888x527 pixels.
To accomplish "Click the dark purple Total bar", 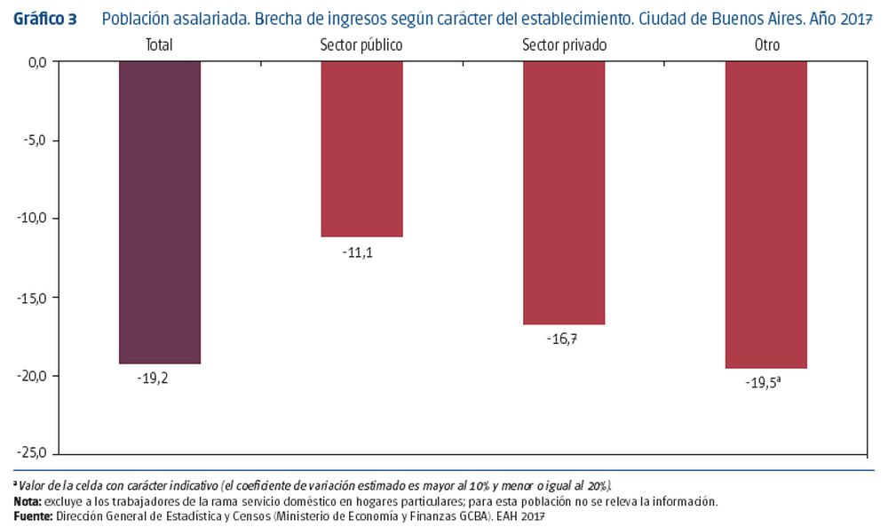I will [x=160, y=212].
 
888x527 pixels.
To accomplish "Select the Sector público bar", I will [x=361, y=149].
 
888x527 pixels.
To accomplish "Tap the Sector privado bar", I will [x=564, y=193].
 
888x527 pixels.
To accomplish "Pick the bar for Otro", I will [x=765, y=215].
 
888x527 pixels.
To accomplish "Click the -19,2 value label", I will [x=152, y=377].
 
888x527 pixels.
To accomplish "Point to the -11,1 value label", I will [x=357, y=252].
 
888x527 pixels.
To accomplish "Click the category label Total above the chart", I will [x=160, y=44].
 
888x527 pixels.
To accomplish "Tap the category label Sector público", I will [x=361, y=44].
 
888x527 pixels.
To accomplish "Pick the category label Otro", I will [x=765, y=44].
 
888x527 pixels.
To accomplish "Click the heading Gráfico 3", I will [x=44, y=19].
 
